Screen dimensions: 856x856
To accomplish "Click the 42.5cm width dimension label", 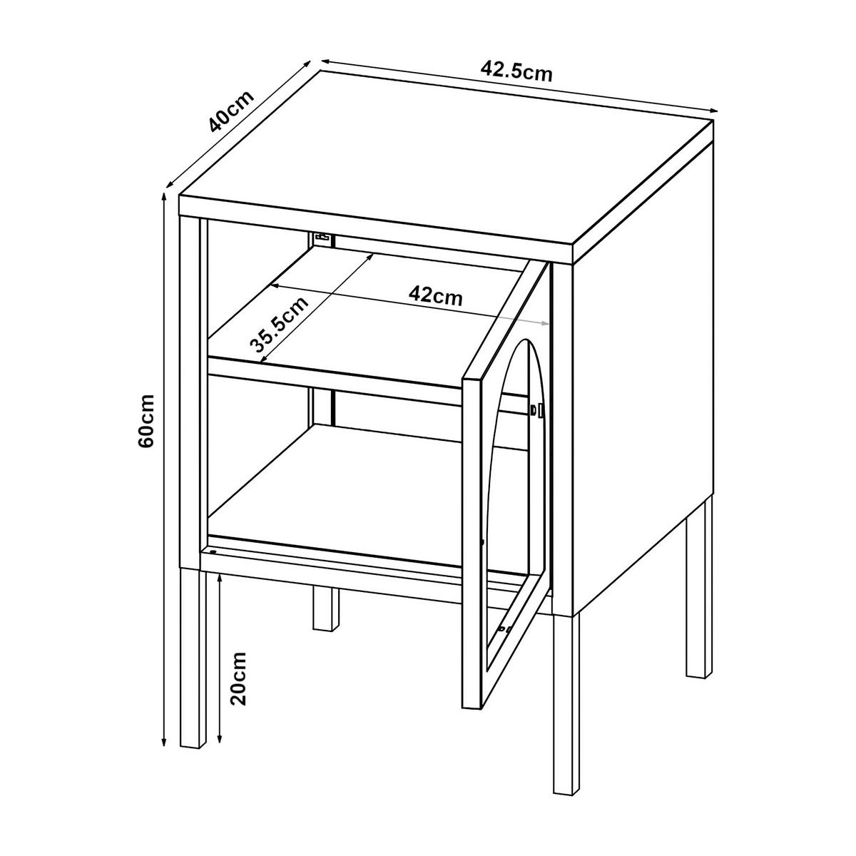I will click(x=517, y=71).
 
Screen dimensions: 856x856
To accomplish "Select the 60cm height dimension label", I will click(x=146, y=421).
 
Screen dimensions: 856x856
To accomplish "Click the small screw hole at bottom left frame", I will click(x=213, y=551).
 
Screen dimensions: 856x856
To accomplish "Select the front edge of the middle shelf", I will click(x=335, y=373).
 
